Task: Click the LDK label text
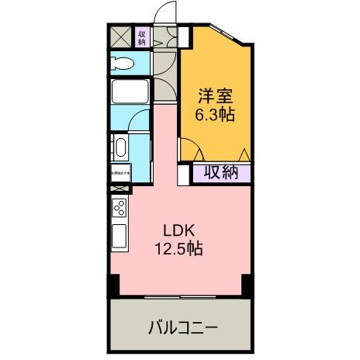click(x=183, y=230)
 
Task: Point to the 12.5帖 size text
click(x=183, y=249)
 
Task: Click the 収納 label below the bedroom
click(x=221, y=173)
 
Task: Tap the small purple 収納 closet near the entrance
click(x=143, y=37)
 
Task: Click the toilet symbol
click(x=122, y=62)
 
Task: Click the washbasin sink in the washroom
click(x=120, y=147)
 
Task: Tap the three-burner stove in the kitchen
click(x=120, y=209)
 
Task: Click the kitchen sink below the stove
click(x=120, y=235)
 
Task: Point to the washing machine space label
click(x=120, y=173)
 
